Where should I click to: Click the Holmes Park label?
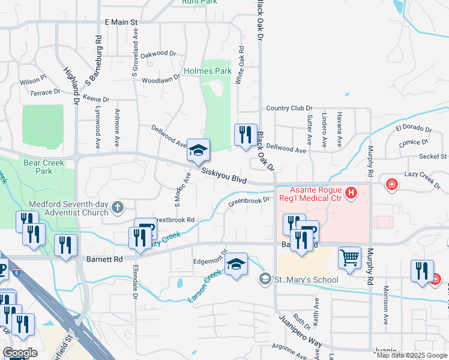[x=207, y=71]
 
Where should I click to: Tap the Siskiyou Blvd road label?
[x=224, y=175]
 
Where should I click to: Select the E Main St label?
[x=121, y=22]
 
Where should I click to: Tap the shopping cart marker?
[x=349, y=257]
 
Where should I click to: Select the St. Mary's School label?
[x=306, y=280]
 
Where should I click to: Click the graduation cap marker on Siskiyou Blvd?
[x=198, y=151]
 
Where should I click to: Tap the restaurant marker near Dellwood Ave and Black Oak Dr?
[x=244, y=135]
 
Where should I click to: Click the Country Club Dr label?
[x=286, y=108]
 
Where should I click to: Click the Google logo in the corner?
[x=20, y=353]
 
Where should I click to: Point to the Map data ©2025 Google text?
[x=411, y=355]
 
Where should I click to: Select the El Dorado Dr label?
[x=413, y=129]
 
